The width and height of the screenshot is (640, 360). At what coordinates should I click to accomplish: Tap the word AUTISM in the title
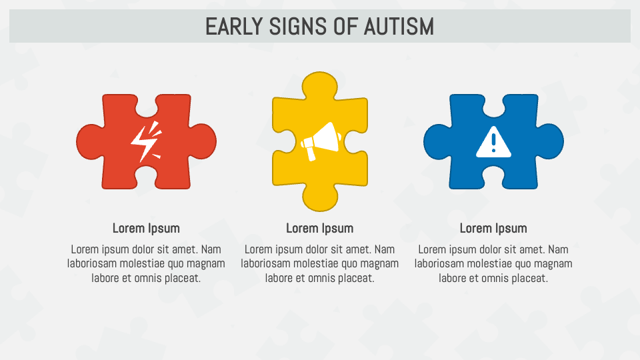399,27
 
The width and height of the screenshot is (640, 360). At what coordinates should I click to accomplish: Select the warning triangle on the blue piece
493,142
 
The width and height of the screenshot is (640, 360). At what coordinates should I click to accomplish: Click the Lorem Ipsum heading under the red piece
146,228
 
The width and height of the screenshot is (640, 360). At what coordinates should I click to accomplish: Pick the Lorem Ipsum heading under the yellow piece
320,228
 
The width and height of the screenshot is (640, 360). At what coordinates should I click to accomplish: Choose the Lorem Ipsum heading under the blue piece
493,228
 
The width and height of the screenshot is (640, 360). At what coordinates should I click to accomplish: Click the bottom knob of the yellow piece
320,196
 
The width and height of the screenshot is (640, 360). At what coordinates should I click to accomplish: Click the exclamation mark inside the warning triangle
493,143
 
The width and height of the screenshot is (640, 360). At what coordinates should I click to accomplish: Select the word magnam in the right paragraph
553,263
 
